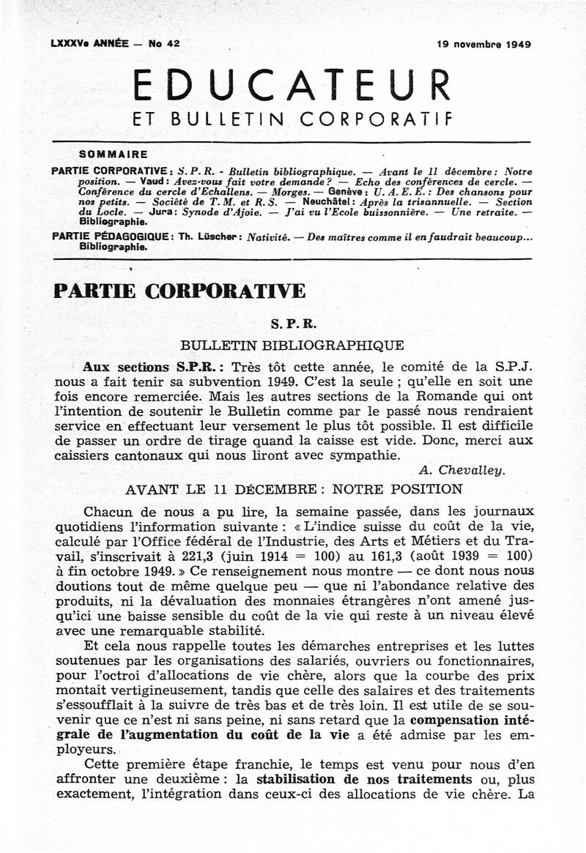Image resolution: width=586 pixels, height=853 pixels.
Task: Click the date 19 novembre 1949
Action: (483, 44)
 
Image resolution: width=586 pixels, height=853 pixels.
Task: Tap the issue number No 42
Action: (163, 44)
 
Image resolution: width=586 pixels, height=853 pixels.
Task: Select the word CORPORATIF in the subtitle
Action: (377, 119)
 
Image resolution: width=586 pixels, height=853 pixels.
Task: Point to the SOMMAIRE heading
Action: (113, 154)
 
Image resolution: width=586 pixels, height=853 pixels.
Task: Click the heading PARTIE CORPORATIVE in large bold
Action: (179, 291)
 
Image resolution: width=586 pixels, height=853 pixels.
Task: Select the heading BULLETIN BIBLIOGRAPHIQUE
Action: (292, 344)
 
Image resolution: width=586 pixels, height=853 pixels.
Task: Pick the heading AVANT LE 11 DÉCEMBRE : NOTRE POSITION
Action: (294, 489)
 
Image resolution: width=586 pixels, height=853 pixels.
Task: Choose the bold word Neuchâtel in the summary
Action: (330, 201)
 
